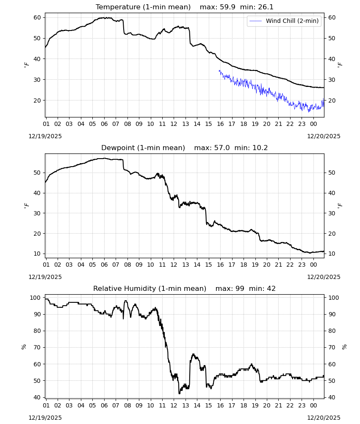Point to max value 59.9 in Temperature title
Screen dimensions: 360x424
pos(228,7)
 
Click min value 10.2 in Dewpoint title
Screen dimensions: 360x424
pos(260,148)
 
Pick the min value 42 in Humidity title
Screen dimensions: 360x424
pos(271,288)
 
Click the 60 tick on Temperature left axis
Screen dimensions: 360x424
pos(37,17)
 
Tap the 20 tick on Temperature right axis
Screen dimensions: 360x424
pos(332,100)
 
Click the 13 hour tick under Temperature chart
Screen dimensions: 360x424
pos(186,124)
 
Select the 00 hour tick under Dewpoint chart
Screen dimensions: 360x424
pos(313,265)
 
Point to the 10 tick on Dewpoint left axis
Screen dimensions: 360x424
pos(37,254)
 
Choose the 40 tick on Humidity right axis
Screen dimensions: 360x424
pos(332,397)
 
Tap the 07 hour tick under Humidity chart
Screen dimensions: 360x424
pos(116,405)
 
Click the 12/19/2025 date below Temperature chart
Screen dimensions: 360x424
pos(45,136)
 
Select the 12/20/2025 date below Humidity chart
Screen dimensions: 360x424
pos(324,418)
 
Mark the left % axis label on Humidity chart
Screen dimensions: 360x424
pos(24,347)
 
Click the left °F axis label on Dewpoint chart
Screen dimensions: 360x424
pos(26,206)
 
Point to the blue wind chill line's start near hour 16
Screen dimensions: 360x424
pos(219,70)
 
